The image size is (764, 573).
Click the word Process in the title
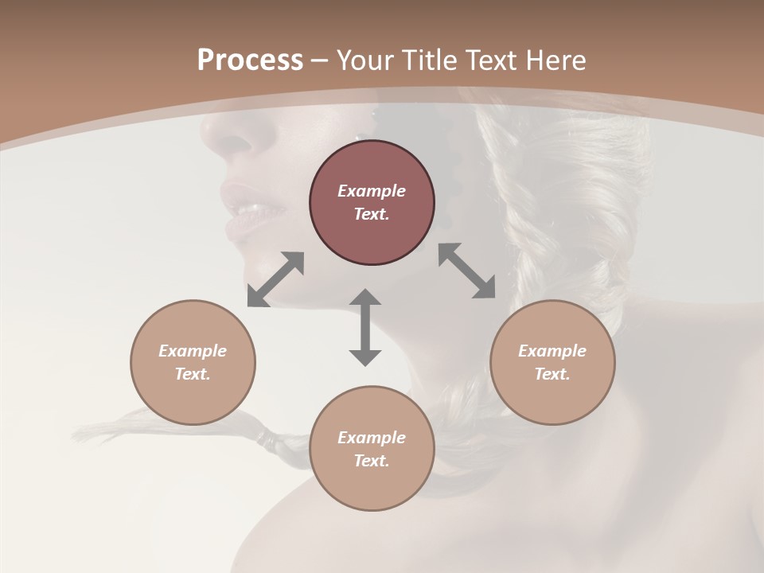point(250,60)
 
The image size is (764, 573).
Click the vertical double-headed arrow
point(365,327)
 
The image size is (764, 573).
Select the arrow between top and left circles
point(275,279)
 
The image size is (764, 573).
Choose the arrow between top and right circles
point(467,271)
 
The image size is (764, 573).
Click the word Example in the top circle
point(372,191)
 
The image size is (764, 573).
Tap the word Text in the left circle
point(193,374)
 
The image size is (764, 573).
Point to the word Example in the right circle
point(552,351)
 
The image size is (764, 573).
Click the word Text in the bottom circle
point(372,461)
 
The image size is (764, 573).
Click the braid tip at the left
point(88,434)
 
